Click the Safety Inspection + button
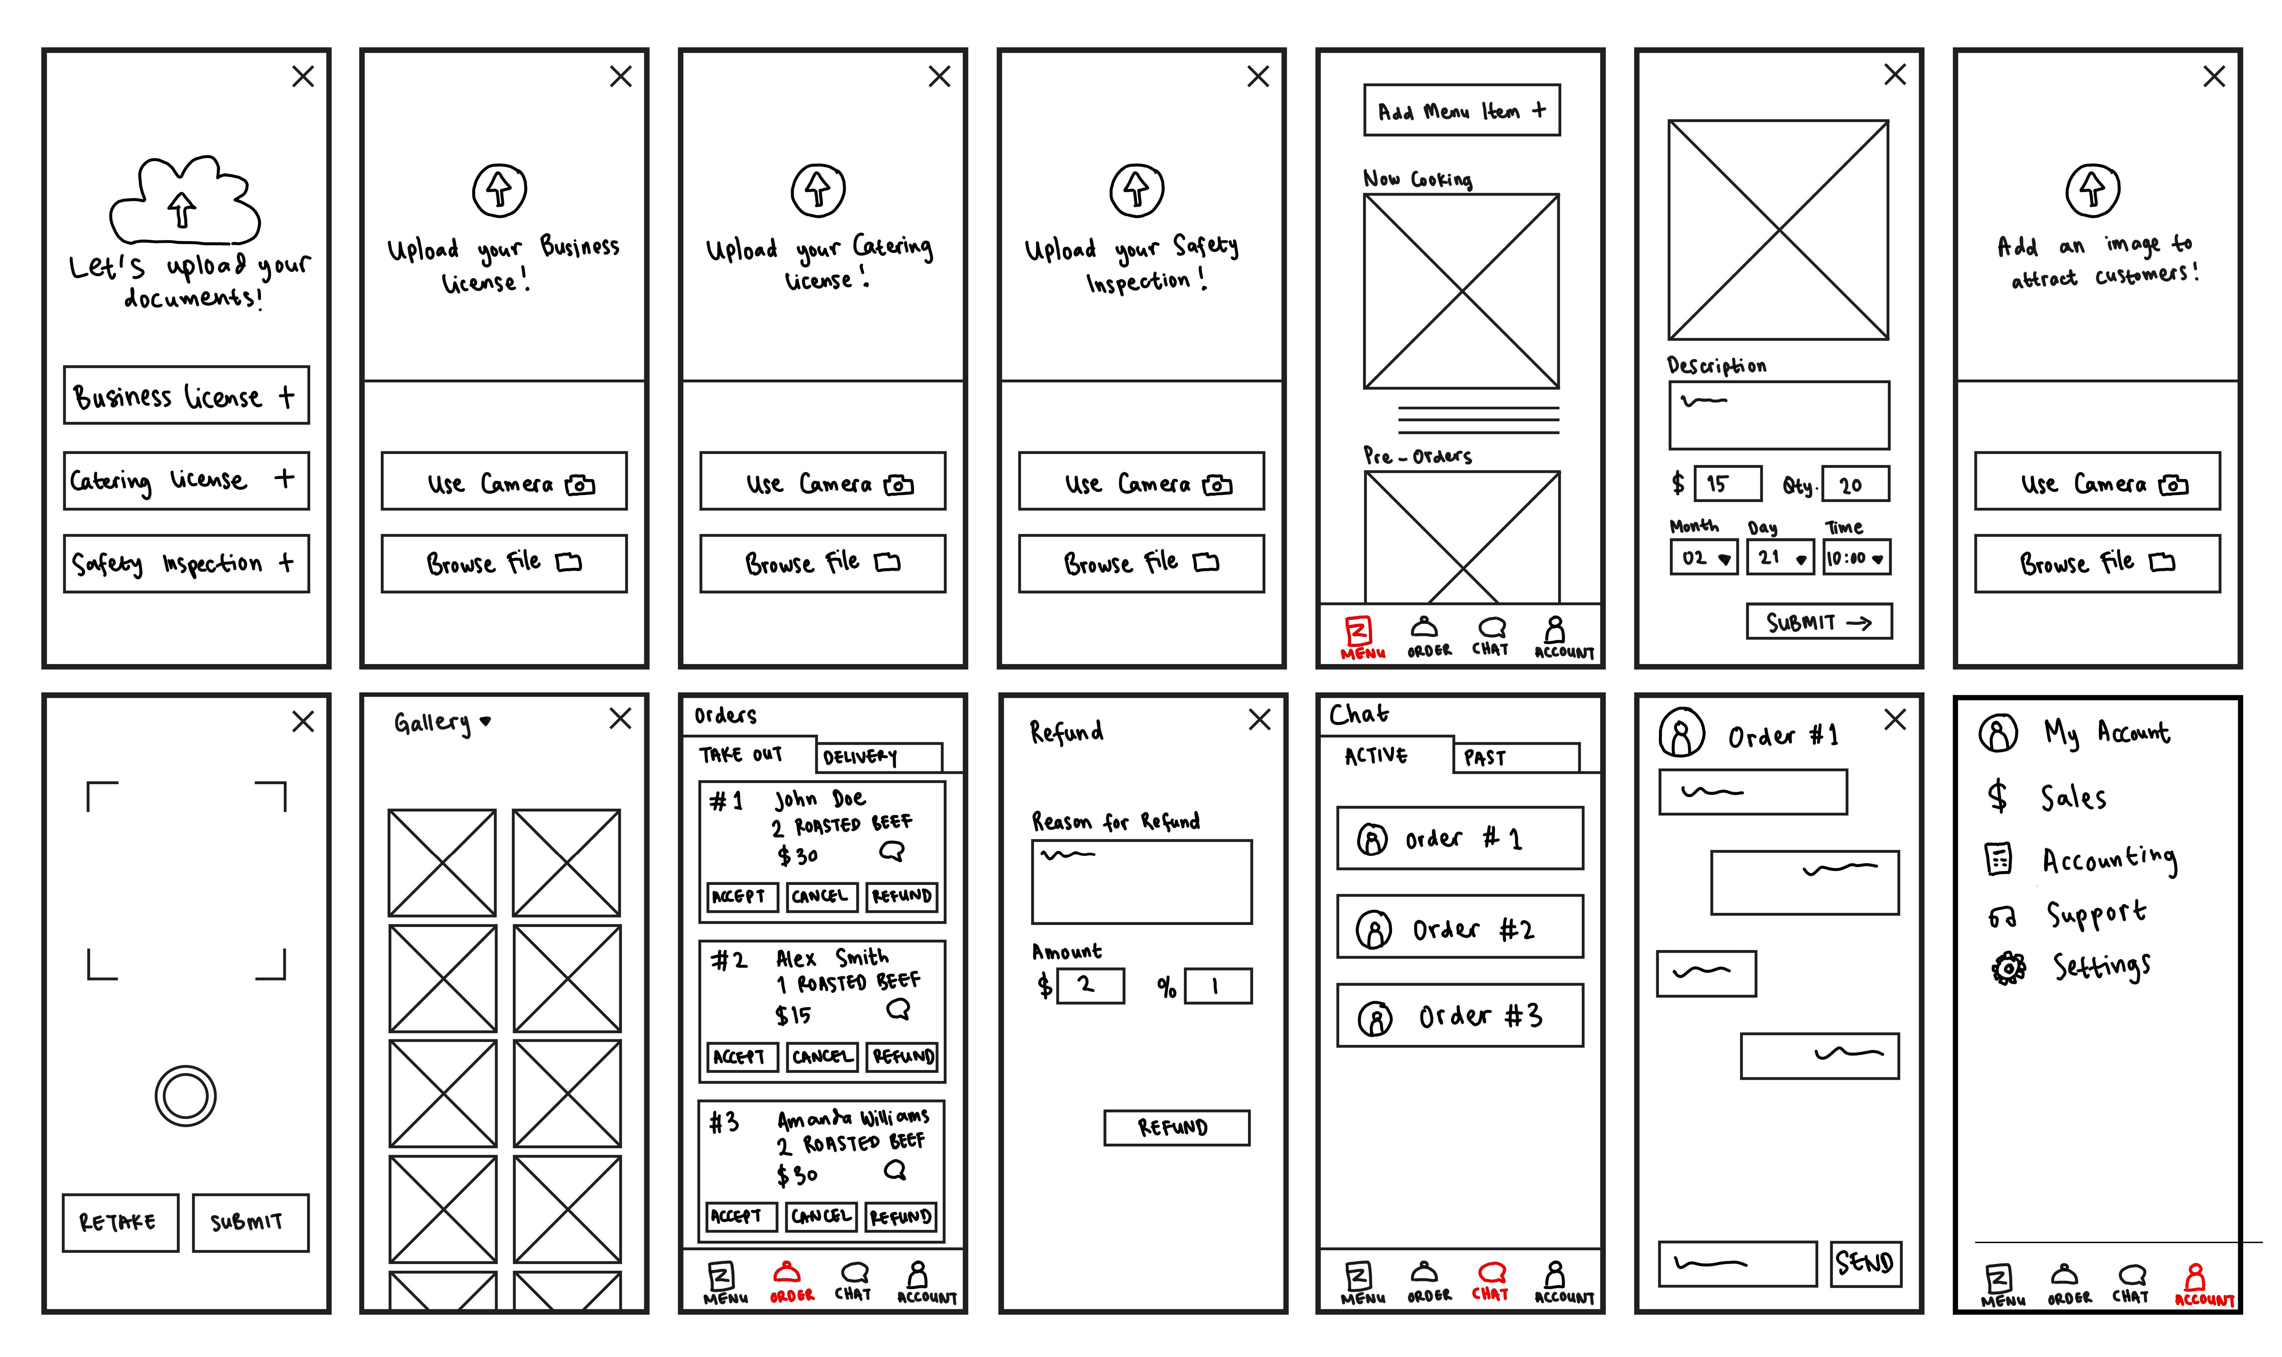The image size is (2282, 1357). pyautogui.click(x=186, y=563)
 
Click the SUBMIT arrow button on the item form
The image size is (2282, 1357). pyautogui.click(x=1818, y=622)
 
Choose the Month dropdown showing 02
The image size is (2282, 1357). pyautogui.click(x=1702, y=557)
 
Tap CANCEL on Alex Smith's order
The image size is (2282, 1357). pyautogui.click(x=821, y=1056)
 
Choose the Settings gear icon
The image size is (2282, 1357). pyautogui.click(x=2008, y=968)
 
